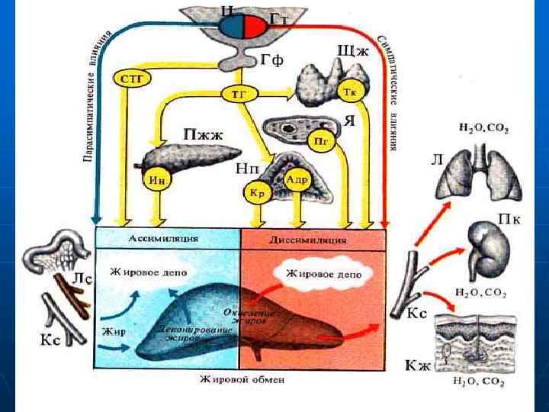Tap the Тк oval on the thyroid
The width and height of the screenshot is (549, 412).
tap(351, 92)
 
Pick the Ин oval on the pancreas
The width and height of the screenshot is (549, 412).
tap(158, 181)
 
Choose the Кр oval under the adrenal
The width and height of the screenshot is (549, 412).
tap(256, 192)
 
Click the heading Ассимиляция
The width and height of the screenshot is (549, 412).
tap(168, 239)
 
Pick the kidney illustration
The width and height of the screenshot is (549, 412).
tap(488, 251)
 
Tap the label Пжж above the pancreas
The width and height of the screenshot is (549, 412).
tap(203, 134)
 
